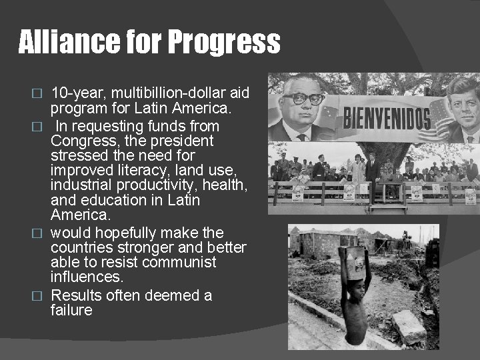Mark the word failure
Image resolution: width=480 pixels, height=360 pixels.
[71, 310]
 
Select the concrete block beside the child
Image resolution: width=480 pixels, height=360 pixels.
[408, 327]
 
